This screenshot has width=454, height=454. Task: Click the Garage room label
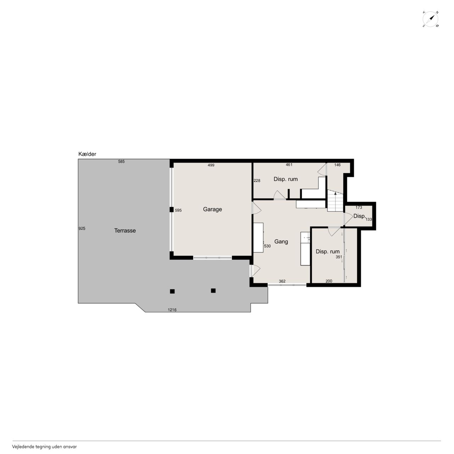click(212, 210)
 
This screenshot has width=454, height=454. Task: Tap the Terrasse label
click(125, 231)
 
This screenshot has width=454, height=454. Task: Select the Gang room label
click(281, 242)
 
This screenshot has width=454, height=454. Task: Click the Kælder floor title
click(87, 154)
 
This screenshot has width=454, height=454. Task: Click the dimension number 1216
click(172, 310)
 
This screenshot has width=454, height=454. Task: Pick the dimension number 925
click(82, 228)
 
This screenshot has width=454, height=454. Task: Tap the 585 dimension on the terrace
click(121, 162)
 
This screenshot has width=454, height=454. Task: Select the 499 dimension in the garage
click(211, 165)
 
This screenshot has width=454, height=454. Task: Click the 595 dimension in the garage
click(178, 210)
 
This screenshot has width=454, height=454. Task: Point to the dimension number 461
click(289, 165)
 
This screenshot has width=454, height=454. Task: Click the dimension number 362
click(282, 281)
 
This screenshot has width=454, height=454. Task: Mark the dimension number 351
click(339, 257)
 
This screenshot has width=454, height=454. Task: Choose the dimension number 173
click(359, 207)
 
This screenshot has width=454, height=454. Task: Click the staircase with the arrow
click(335, 201)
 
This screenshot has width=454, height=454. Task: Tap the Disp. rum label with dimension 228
click(286, 179)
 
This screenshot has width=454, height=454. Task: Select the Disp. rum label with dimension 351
click(327, 251)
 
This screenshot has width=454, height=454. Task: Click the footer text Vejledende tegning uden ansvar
click(44, 447)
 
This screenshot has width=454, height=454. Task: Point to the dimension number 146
click(337, 165)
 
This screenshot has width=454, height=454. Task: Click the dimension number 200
click(329, 281)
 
